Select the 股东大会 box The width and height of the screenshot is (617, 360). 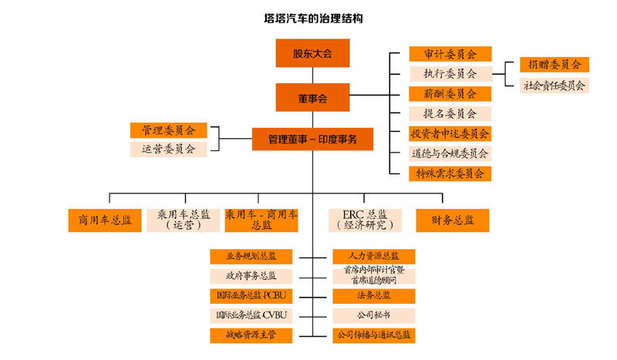coord(313,54)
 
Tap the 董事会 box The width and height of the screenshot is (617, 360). coord(313,98)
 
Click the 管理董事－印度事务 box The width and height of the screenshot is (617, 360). coord(313,140)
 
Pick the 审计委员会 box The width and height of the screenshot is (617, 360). coord(450,54)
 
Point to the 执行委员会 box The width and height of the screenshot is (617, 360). coord(450,74)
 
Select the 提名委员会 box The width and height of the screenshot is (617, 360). coord(450,113)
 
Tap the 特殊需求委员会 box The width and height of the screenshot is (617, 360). coord(450,173)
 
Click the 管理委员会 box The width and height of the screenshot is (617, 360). coord(168,130)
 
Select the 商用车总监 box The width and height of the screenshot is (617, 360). coord(105,220)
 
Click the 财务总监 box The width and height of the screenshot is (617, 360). coord(453,220)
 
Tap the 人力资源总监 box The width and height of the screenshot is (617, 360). coord(373,256)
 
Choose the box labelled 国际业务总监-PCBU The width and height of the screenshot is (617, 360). coord(251,295)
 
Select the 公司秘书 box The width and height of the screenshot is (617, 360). coord(373,315)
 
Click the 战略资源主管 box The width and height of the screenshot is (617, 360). coord(251,335)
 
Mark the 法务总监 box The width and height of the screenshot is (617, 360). coord(373,295)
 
